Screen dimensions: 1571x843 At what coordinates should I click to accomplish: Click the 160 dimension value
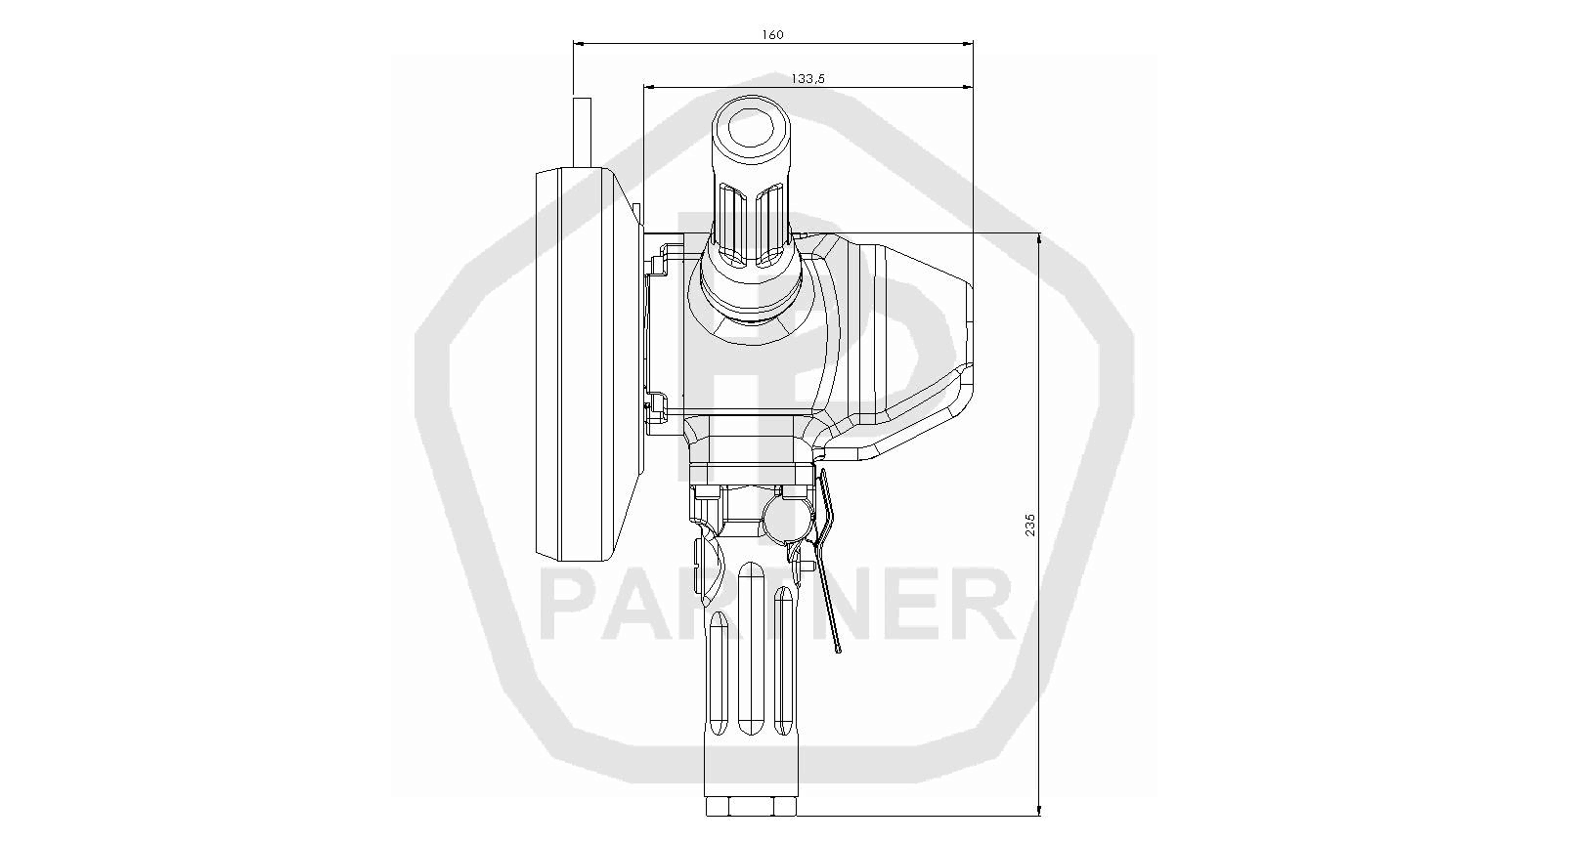[x=772, y=34]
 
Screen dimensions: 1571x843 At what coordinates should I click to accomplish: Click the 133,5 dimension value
[x=807, y=78]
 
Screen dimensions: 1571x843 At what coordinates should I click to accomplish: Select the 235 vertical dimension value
[x=1029, y=525]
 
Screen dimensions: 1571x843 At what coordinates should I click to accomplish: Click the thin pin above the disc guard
[x=582, y=133]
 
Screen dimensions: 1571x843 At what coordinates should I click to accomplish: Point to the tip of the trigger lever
[x=838, y=652]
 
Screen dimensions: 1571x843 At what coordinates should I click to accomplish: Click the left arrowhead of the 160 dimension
[x=579, y=43]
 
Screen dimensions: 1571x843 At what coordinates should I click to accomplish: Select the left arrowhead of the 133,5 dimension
[x=649, y=87]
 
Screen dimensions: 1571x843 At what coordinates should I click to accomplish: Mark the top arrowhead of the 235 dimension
[x=1039, y=239]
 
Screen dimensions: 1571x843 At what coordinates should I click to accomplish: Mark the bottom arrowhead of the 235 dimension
[x=1039, y=810]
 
